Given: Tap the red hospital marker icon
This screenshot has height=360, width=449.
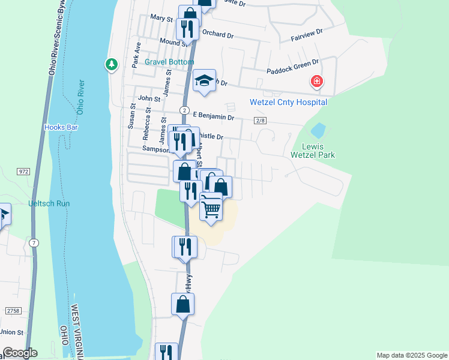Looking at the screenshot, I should [x=316, y=82].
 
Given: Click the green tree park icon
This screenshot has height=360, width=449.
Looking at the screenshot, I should [x=111, y=64].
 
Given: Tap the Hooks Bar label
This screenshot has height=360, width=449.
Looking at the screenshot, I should [x=61, y=127].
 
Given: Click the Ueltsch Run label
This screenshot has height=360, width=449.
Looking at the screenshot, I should [x=49, y=203].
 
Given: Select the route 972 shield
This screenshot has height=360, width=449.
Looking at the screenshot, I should [x=24, y=172].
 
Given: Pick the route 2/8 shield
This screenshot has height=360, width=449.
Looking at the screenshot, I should [x=259, y=121].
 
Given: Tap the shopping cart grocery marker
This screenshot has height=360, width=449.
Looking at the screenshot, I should [x=211, y=208].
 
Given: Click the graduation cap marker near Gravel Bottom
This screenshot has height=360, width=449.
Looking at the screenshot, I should [x=204, y=80].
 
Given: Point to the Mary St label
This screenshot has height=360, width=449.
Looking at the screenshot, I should [x=161, y=19].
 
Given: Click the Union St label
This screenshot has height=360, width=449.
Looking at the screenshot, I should [x=11, y=332].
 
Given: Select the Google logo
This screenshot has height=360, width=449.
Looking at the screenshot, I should [x=19, y=353].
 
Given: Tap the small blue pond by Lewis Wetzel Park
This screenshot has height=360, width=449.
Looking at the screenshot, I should [x=318, y=130].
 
